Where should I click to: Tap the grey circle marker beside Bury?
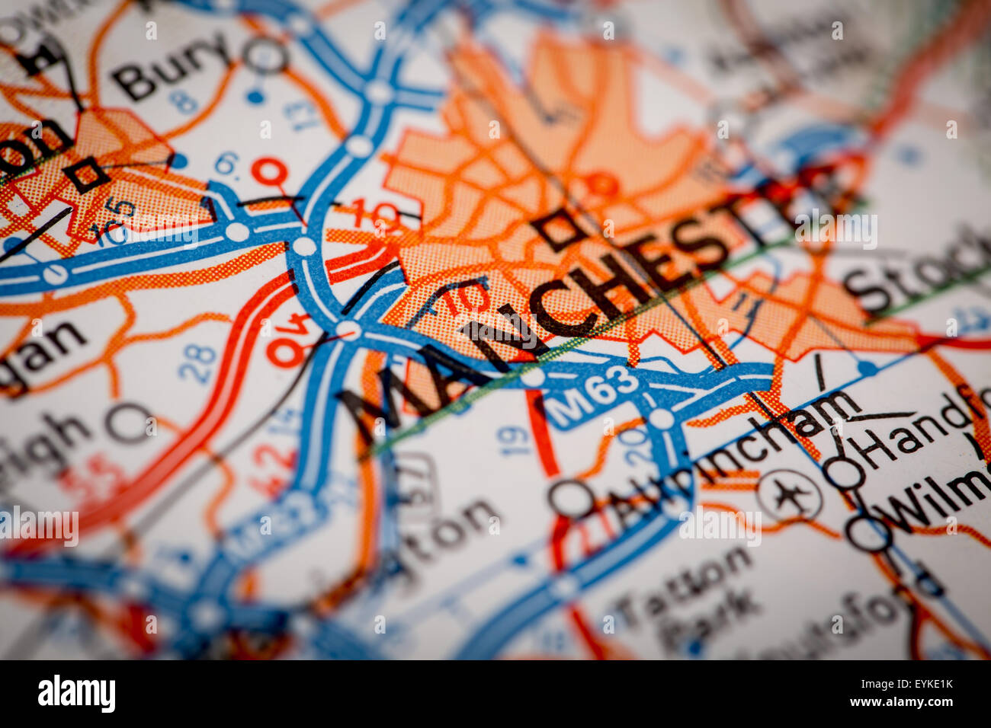[x=265, y=55]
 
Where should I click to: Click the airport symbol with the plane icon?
[x=790, y=496]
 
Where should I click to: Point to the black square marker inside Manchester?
[x=559, y=229]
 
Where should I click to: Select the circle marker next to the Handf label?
[x=844, y=473]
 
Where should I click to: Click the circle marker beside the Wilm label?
[x=868, y=532]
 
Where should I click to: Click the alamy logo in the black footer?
[x=76, y=694]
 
